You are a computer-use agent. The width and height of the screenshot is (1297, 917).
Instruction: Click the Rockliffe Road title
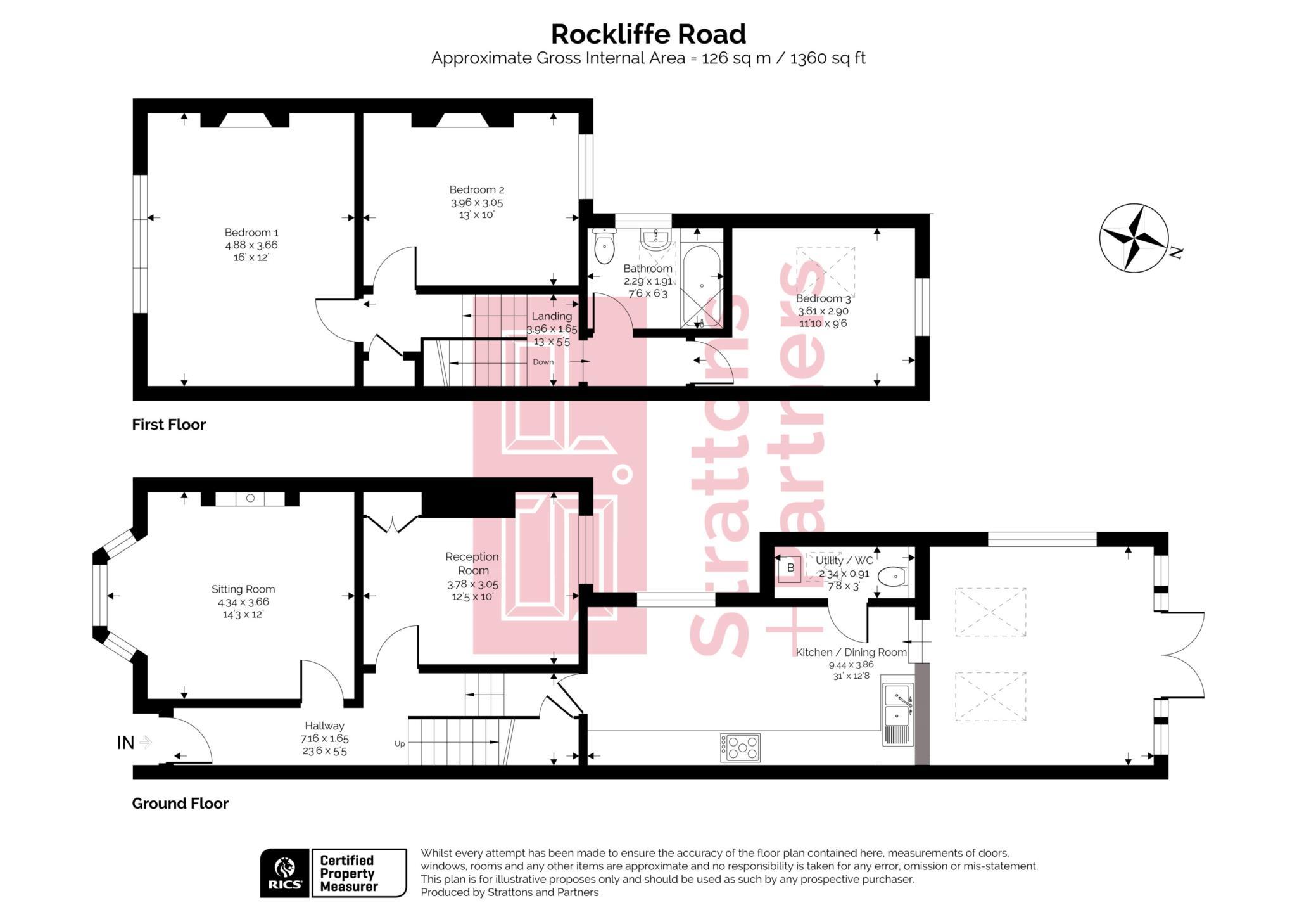[648, 34]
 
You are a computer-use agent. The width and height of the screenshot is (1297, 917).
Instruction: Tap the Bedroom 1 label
[251, 233]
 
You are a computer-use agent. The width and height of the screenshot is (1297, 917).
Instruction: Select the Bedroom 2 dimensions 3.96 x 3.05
[476, 203]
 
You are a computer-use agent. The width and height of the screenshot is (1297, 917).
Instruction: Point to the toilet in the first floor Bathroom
[605, 247]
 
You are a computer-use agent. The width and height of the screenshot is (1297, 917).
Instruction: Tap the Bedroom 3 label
[823, 298]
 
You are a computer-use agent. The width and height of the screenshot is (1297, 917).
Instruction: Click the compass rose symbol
[1134, 238]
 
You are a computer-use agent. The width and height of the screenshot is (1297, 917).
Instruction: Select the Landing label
[551, 316]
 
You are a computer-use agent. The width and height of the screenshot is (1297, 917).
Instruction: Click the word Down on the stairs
[543, 362]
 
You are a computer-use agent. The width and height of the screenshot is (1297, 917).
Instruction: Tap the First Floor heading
[168, 425]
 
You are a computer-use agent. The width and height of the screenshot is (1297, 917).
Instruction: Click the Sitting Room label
[243, 589]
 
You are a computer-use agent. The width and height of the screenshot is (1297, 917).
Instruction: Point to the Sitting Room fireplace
[250, 499]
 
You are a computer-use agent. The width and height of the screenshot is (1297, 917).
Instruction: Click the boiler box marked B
[790, 568]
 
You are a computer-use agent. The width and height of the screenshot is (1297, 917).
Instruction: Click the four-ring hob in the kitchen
[740, 748]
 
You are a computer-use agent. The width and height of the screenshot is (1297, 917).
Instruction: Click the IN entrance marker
[125, 743]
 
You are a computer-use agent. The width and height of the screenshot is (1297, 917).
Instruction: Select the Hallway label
[324, 726]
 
